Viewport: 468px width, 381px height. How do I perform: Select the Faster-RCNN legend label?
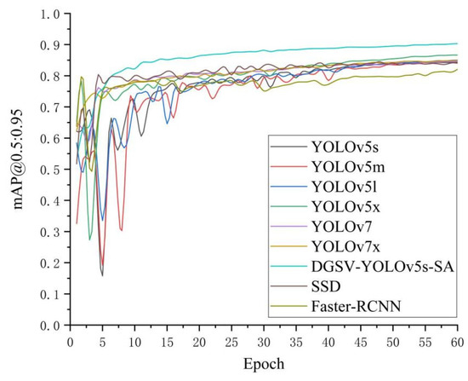tap(355, 309)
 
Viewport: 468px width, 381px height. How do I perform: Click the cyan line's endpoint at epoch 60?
tap(457, 43)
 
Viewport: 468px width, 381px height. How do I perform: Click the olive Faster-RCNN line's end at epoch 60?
tap(457, 70)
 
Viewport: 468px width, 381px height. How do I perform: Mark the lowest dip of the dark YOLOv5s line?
tap(102, 275)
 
